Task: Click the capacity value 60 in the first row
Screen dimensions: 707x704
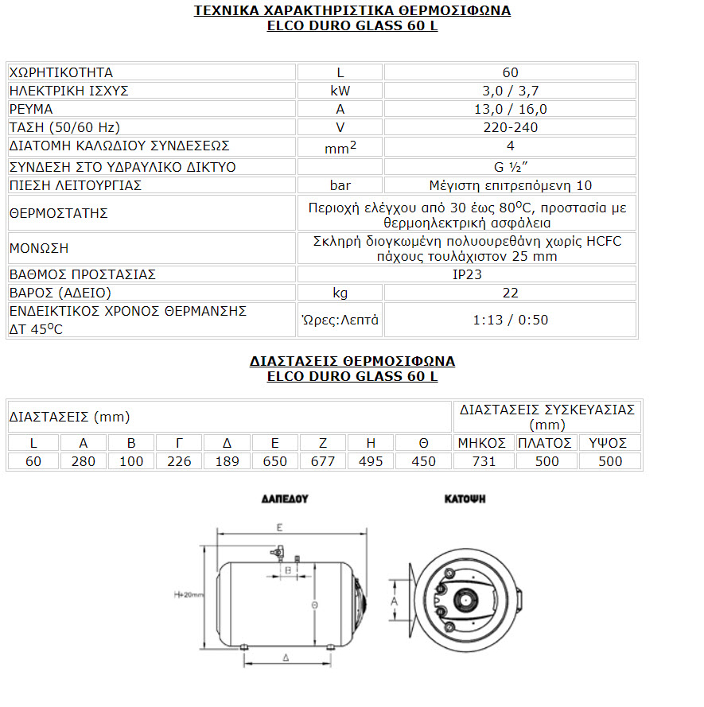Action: (510, 72)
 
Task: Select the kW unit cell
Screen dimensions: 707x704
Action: (340, 91)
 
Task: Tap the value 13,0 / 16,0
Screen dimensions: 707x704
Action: (510, 109)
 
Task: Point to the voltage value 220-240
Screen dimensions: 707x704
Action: (510, 127)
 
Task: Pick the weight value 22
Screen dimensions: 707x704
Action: (510, 293)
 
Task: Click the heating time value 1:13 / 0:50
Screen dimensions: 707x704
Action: (510, 320)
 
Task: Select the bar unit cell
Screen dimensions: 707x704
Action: (340, 185)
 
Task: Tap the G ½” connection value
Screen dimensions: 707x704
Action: (510, 167)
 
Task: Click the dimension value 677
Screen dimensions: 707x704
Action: (323, 461)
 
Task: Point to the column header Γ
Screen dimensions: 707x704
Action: (179, 443)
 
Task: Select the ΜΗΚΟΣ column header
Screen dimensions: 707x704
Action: (483, 443)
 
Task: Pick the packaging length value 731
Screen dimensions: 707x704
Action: (483, 461)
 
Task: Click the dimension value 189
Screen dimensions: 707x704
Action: (228, 461)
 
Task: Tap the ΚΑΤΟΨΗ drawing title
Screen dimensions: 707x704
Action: (465, 499)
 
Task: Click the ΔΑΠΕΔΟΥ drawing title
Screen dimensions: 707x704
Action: (284, 499)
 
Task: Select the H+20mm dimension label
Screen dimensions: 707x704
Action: (189, 596)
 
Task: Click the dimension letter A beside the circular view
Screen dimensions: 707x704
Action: (394, 602)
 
